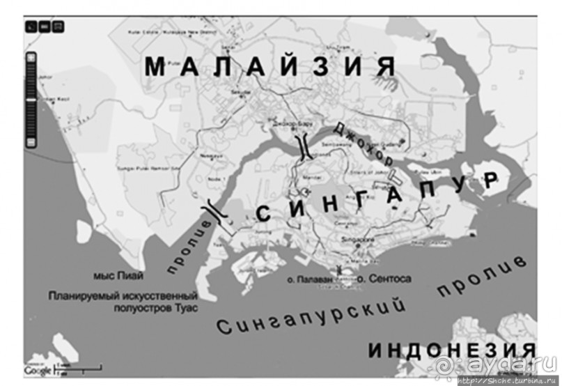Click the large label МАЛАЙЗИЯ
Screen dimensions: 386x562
(x=271, y=67)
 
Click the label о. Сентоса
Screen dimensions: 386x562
(x=383, y=279)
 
